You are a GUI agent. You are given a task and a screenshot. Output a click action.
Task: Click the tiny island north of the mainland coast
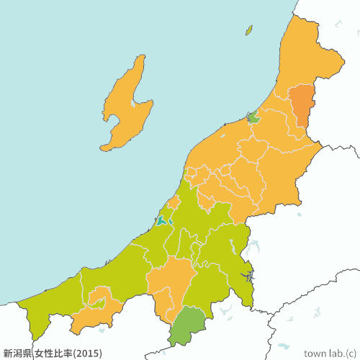pos(249,30)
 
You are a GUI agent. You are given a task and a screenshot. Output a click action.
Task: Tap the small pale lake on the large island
pos(132,104)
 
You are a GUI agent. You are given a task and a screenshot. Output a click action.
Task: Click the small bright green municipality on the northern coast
pos(253,117)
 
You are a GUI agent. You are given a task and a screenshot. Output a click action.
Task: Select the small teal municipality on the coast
pos(162,220)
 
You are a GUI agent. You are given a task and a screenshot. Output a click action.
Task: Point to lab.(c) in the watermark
pos(344,353)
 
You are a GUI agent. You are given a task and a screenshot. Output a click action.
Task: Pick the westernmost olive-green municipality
pos(43,306)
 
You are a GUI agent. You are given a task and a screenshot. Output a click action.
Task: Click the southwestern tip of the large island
pos(103,148)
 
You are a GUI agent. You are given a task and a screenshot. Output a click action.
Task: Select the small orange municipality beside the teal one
pos(174,202)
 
